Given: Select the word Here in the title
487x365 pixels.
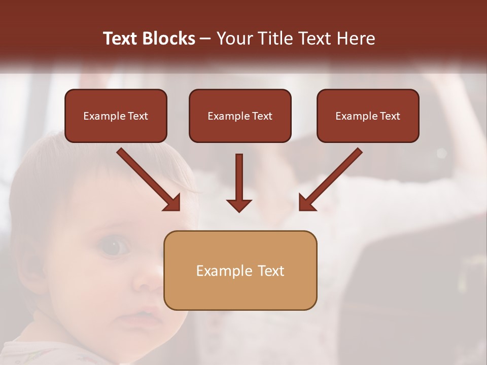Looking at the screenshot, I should point(355,39).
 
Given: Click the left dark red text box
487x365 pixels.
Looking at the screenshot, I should point(116,116).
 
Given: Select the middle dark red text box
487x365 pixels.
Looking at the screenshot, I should point(240,116).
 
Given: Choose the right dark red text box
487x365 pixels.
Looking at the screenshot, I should point(368,116).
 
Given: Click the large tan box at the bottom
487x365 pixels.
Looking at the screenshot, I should point(240,270).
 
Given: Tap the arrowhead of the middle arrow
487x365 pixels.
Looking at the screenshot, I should point(239,205).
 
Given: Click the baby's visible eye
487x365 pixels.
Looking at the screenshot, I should point(114,247).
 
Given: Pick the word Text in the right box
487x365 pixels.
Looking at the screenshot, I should point(390,116).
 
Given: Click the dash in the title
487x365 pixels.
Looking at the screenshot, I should point(205,39).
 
